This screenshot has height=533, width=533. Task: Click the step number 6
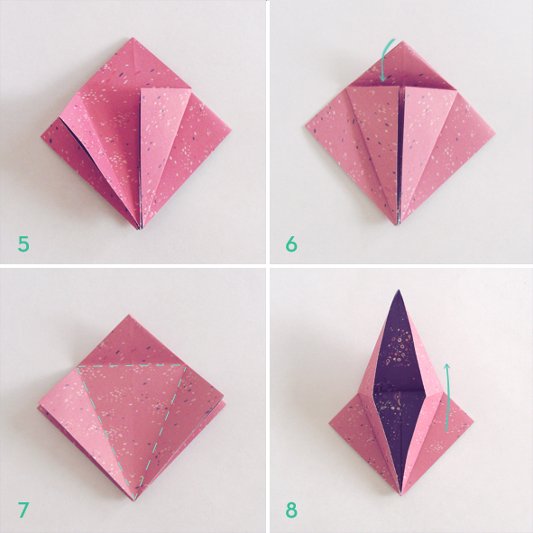click(x=291, y=243)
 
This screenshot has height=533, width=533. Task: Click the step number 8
click(x=291, y=510)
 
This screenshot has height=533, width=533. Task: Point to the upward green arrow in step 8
click(x=447, y=394)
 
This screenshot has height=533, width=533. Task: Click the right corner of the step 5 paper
click(x=230, y=132)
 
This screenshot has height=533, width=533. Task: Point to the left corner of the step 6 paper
click(x=307, y=131)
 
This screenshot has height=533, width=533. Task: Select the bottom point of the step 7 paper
click(x=134, y=499)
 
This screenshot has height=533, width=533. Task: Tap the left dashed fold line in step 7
click(x=106, y=433)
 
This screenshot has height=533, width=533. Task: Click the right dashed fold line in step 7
click(x=163, y=433)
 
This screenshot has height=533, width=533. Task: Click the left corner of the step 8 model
click(x=329, y=422)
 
